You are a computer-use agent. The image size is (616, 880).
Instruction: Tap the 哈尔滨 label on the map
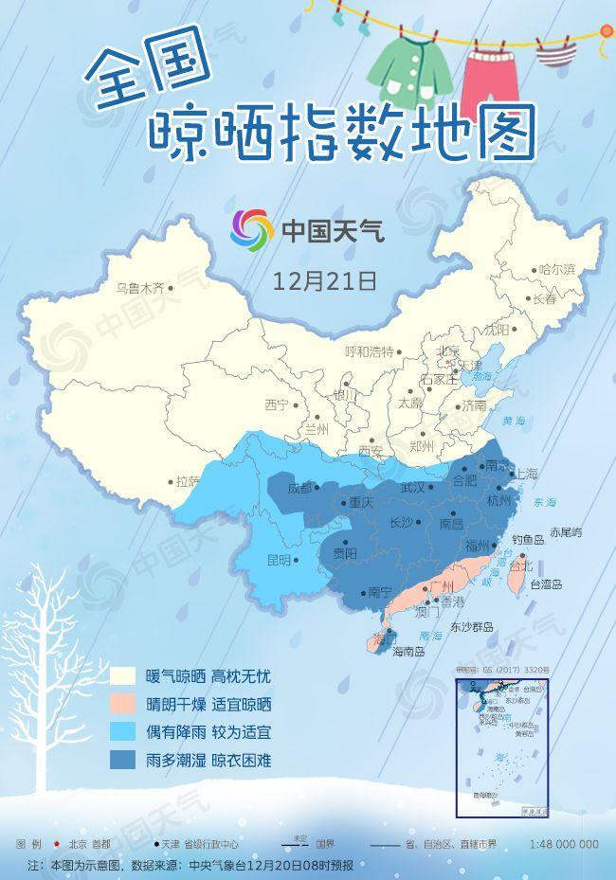pyautogui.click(x=556, y=270)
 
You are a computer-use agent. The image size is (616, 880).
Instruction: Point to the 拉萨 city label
pyautogui.click(x=188, y=481)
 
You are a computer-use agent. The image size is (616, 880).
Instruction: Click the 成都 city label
pyautogui.click(x=299, y=489)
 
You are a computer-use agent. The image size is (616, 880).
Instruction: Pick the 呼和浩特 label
pyautogui.click(x=369, y=351)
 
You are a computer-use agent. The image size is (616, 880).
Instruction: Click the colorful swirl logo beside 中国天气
pyautogui.click(x=251, y=228)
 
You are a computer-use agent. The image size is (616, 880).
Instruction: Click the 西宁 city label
pyautogui.click(x=276, y=405)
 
